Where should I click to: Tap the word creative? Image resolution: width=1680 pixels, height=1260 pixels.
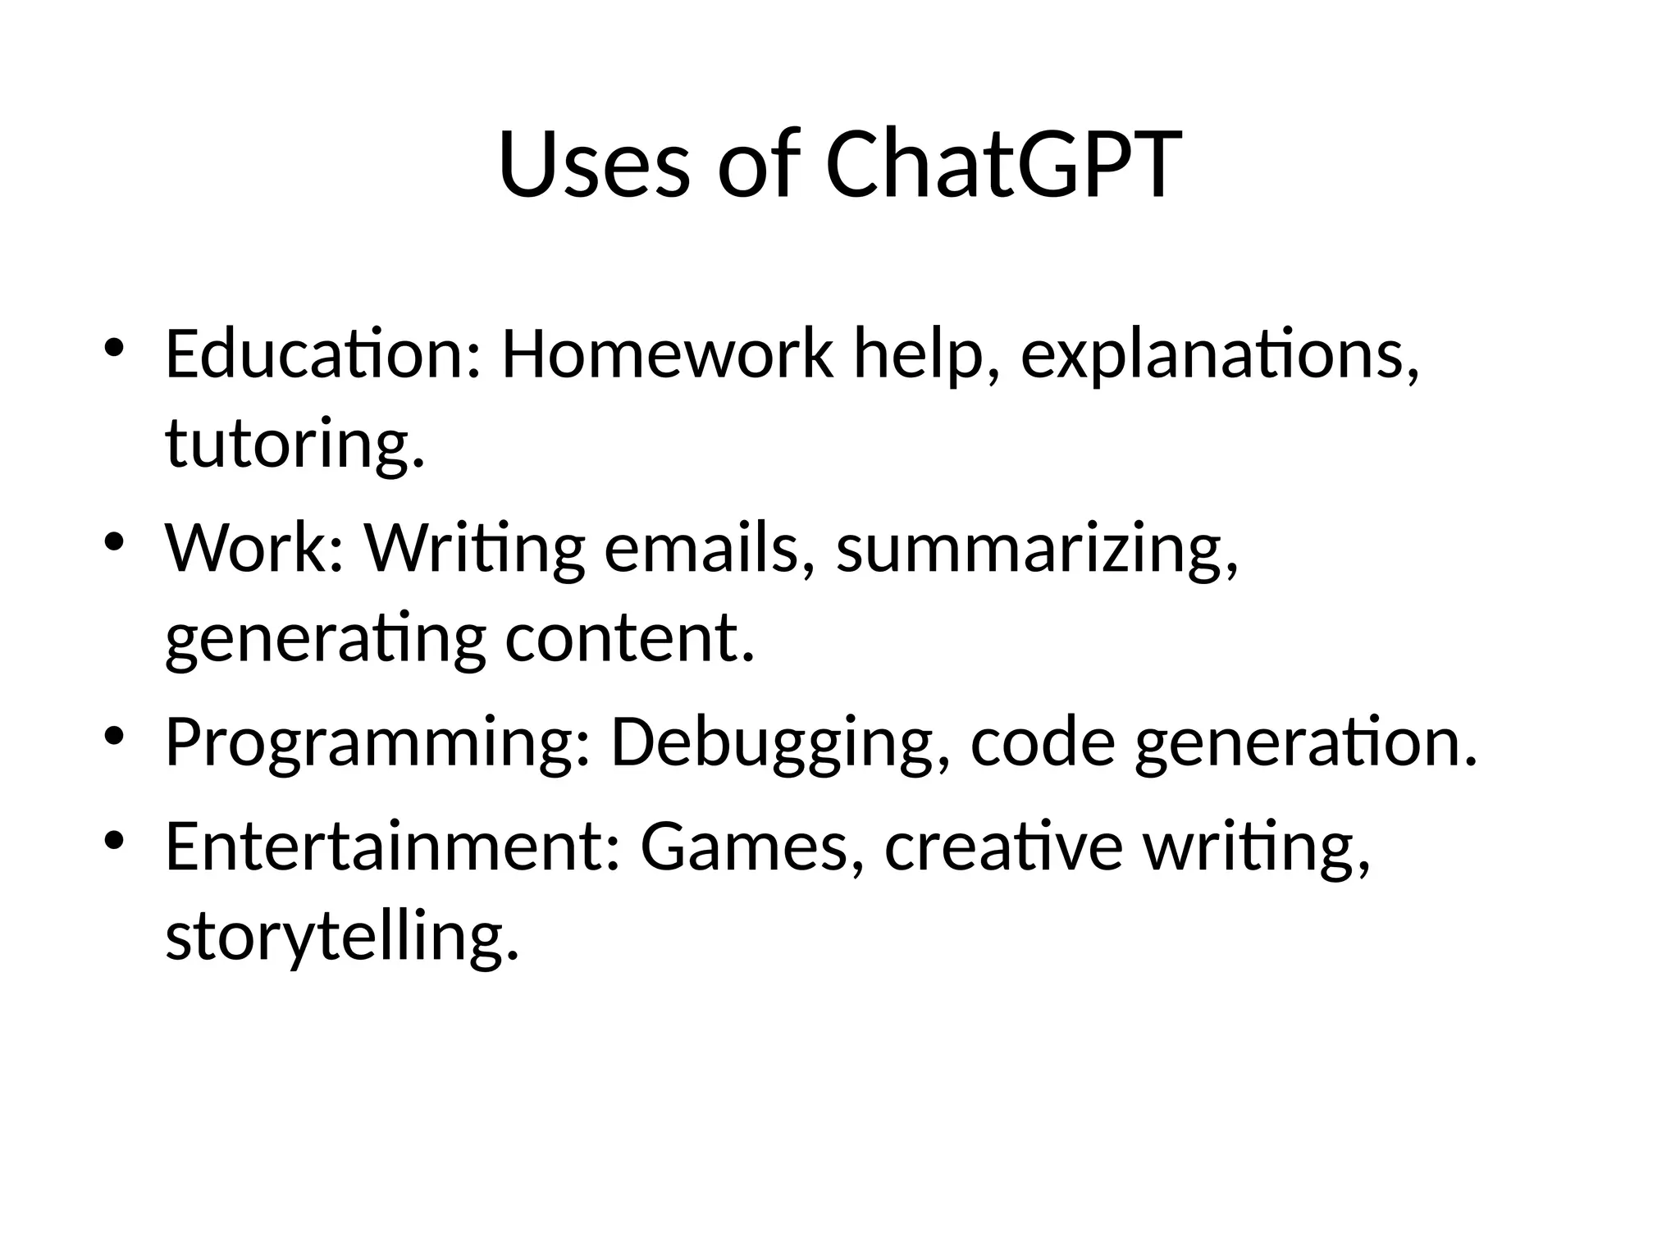(x=1002, y=847)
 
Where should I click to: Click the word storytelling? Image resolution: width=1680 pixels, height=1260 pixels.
(x=342, y=938)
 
